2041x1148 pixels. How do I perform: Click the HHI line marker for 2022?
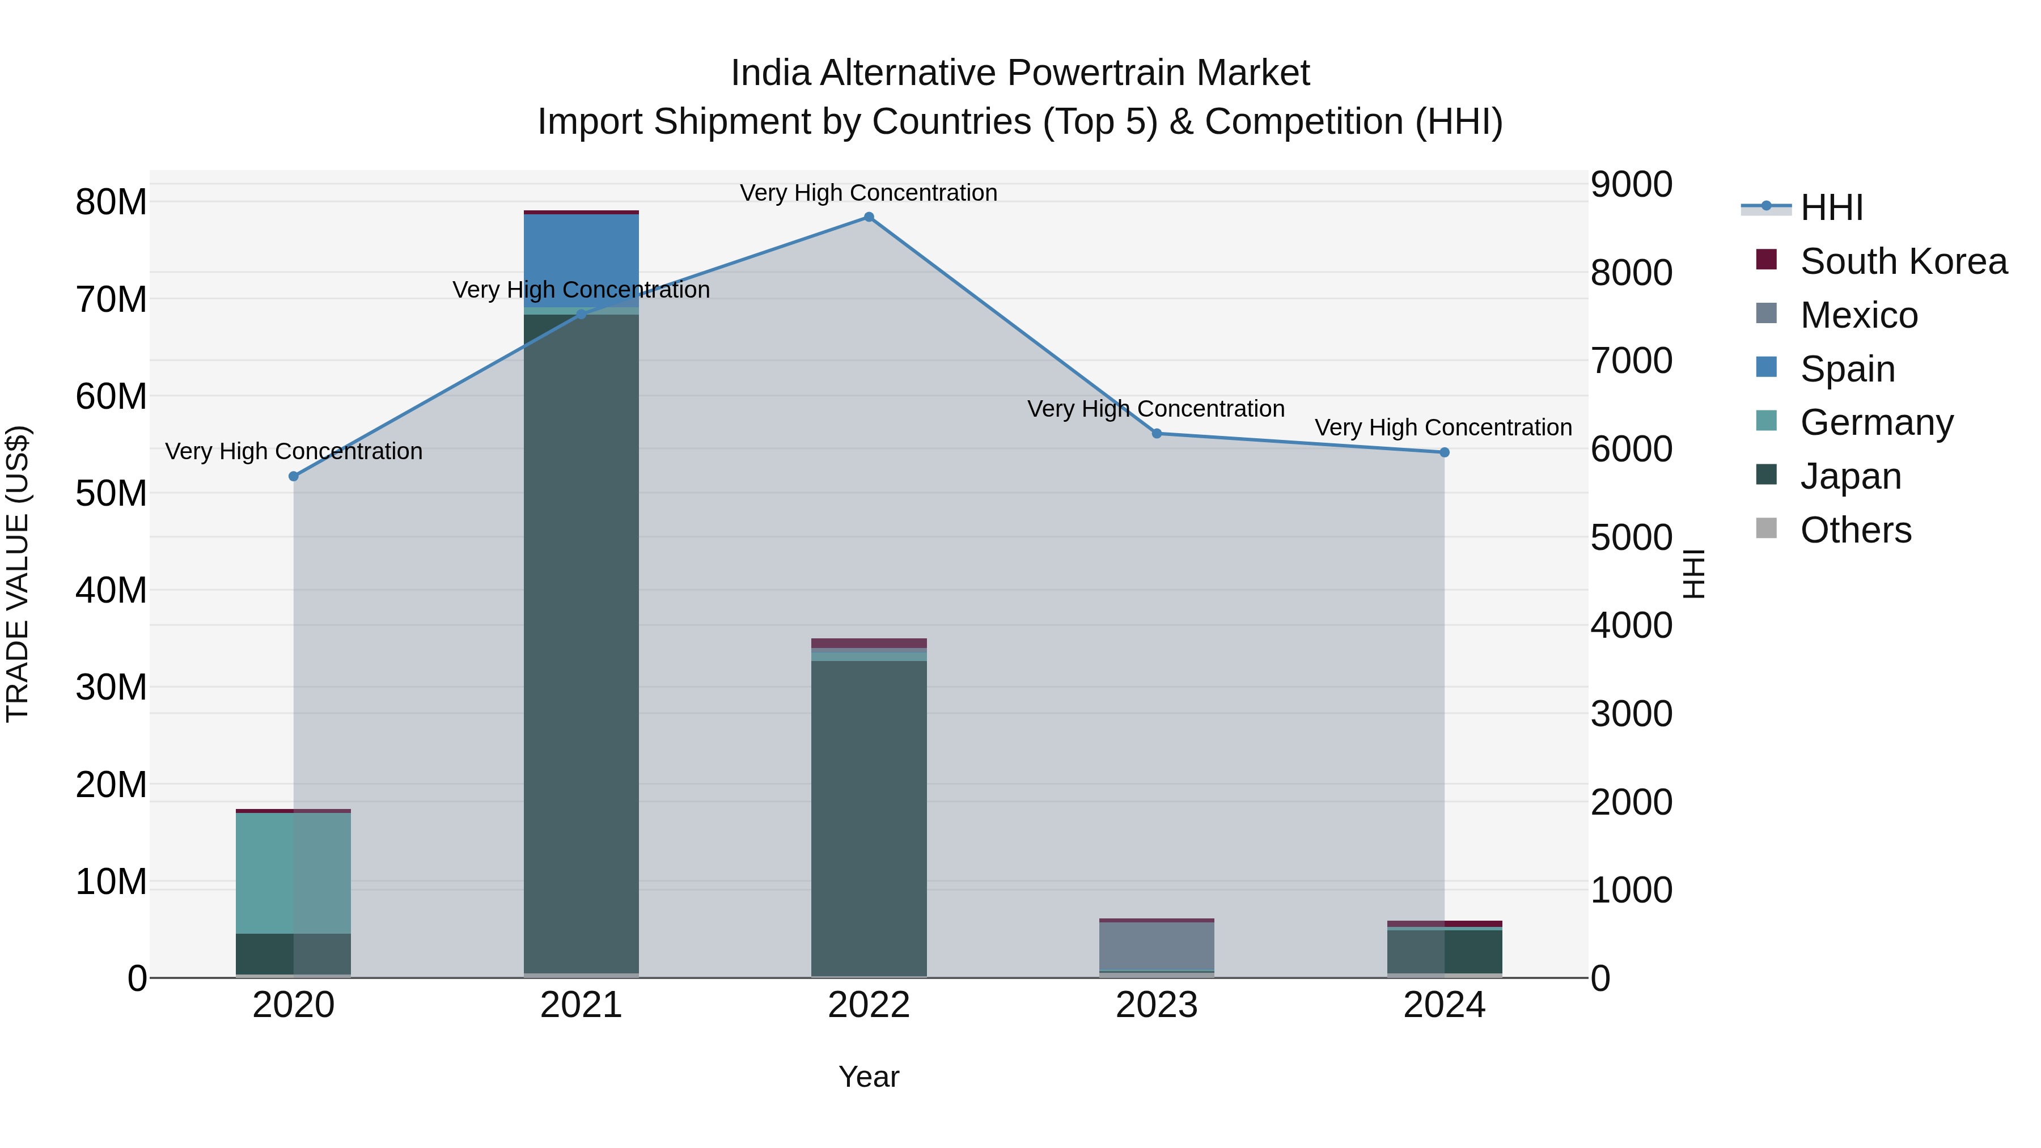pyautogui.click(x=869, y=217)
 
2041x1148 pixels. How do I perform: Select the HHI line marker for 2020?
pyautogui.click(x=293, y=476)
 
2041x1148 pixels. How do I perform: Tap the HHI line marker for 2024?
pyautogui.click(x=1443, y=452)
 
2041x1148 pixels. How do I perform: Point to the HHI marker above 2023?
pyautogui.click(x=1156, y=433)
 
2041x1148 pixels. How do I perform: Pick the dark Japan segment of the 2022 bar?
pyautogui.click(x=869, y=816)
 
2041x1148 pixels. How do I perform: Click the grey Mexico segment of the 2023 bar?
pyautogui.click(x=1156, y=946)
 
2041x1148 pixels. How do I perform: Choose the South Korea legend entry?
pyautogui.click(x=1902, y=261)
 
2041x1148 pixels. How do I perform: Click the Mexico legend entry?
pyautogui.click(x=1858, y=315)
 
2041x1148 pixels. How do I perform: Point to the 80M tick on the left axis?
pyautogui.click(x=111, y=202)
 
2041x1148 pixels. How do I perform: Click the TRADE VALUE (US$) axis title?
pyautogui.click(x=18, y=574)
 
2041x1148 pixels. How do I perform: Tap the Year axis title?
pyautogui.click(x=869, y=1077)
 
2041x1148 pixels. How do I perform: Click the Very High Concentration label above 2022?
pyautogui.click(x=869, y=193)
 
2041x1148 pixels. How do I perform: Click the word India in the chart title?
pyautogui.click(x=770, y=73)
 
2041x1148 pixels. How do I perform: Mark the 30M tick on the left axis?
pyautogui.click(x=111, y=687)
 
